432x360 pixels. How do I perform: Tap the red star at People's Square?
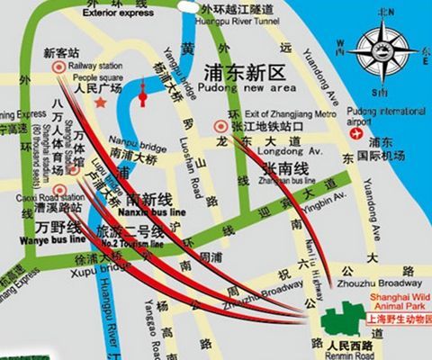[x=101, y=102]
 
